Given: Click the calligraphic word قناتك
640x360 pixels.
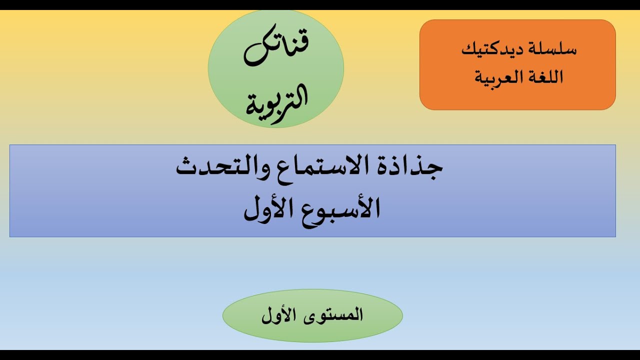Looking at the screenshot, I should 276,50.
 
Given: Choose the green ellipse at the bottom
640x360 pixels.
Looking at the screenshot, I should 312,332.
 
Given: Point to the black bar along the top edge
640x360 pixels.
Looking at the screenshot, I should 320,4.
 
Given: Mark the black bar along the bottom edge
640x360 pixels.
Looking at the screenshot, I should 320,355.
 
